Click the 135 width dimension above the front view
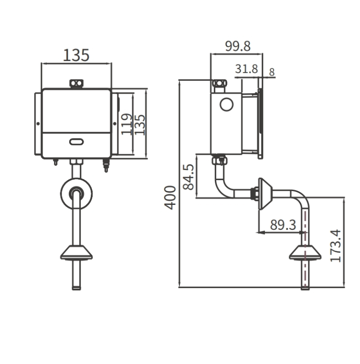[x=76, y=55]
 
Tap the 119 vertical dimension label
[x=127, y=124]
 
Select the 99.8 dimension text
[x=238, y=46]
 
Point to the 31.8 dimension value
[x=246, y=69]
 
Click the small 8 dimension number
[x=272, y=72]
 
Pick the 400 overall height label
[x=170, y=198]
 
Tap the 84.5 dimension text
[x=188, y=177]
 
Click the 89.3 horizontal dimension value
[x=283, y=225]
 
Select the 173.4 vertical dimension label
[x=336, y=246]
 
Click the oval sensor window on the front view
[x=76, y=141]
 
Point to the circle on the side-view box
[x=226, y=105]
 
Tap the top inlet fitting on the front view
[x=76, y=84]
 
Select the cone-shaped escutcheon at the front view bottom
[x=76, y=252]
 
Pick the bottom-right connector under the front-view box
[x=106, y=165]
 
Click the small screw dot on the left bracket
[x=38, y=124]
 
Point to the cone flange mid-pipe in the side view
[x=265, y=194]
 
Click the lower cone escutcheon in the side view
[x=305, y=252]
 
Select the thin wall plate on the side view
[x=261, y=124]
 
